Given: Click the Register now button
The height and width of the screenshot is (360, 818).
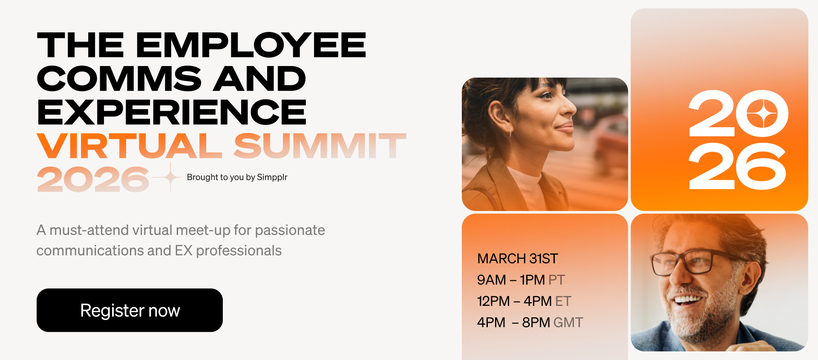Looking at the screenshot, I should pos(130,310).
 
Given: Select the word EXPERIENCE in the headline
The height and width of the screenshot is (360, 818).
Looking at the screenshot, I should pos(172,112).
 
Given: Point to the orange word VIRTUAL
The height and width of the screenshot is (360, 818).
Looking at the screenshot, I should pos(130,146).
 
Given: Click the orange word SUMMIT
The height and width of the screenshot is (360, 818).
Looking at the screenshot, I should pos(320,146).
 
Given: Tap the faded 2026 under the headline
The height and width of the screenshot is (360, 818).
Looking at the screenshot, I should pos(93,179).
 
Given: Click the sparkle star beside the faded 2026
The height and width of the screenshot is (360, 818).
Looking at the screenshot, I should pos(170,177).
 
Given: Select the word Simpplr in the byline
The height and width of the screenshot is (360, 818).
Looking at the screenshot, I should pos(272,177).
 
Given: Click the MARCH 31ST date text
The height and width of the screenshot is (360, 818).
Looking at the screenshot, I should pos(517,259).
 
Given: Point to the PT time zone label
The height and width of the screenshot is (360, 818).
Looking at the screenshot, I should pos(556,280).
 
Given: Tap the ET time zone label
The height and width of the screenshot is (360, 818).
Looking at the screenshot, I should pos(563,301).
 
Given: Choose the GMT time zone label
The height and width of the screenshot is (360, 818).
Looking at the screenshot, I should pos(568,323).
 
